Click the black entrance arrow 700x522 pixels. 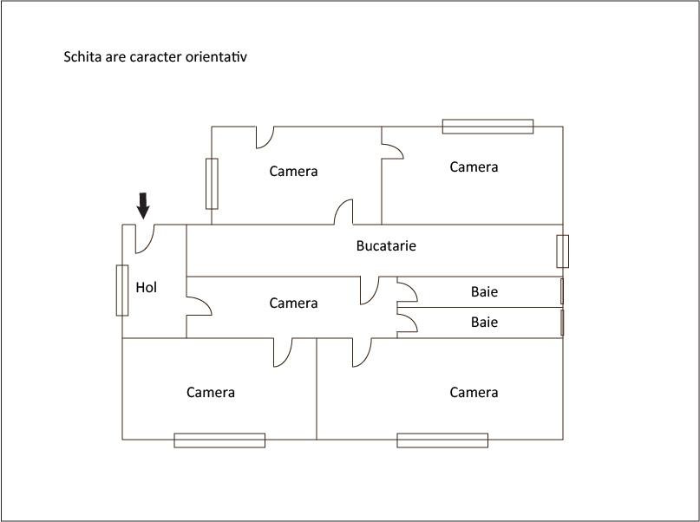pyautogui.click(x=143, y=205)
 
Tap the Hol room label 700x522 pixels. pyautogui.click(x=147, y=287)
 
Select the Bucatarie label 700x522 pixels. pyautogui.click(x=386, y=245)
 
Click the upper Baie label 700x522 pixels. pyautogui.click(x=484, y=292)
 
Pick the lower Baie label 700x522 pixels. pyautogui.click(x=484, y=322)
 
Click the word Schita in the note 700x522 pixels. pyautogui.click(x=82, y=57)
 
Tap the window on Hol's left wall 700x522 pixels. pyautogui.click(x=122, y=290)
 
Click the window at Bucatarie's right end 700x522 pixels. pyautogui.click(x=563, y=251)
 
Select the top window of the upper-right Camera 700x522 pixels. pyautogui.click(x=487, y=127)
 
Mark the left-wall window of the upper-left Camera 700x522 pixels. pyautogui.click(x=212, y=184)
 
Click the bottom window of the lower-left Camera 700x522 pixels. pyautogui.click(x=219, y=440)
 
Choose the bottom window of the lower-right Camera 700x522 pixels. pyautogui.click(x=442, y=440)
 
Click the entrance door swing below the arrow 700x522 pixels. pyautogui.click(x=145, y=238)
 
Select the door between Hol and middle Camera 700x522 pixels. pyautogui.click(x=198, y=306)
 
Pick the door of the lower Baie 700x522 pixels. pyautogui.click(x=407, y=323)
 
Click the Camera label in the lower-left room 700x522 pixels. pyautogui.click(x=211, y=392)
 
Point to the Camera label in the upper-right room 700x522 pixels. pyautogui.click(x=474, y=166)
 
